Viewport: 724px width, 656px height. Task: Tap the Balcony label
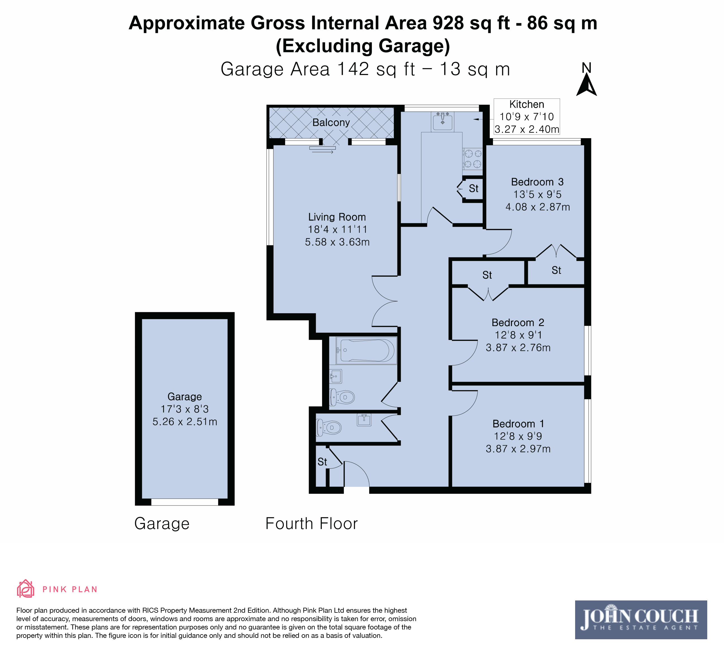coord(331,122)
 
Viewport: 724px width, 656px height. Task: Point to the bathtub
coord(366,350)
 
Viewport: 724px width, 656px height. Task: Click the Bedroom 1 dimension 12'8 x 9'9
coord(518,436)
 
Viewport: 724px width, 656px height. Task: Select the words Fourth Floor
coord(311,524)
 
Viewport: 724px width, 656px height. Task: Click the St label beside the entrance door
coord(322,462)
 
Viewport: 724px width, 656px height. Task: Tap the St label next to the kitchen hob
coord(474,188)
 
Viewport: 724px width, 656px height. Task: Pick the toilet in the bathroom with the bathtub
coord(342,397)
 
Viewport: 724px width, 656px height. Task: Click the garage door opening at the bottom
coord(185,502)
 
